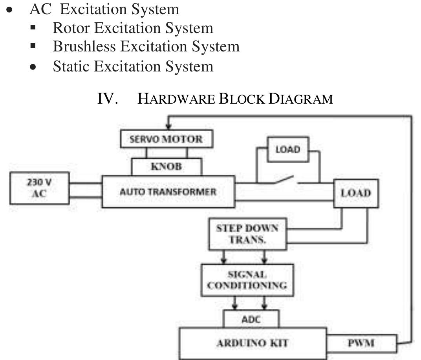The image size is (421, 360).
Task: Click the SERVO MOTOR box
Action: (167, 139)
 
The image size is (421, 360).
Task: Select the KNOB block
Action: (167, 166)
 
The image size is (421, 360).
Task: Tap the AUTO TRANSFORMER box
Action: (168, 192)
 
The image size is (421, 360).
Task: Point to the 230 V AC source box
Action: (39, 188)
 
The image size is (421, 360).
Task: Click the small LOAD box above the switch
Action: (288, 150)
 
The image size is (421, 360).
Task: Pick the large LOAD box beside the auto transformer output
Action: (356, 193)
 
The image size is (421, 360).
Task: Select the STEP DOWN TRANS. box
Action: (247, 234)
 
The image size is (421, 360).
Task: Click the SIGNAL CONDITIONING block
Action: (247, 280)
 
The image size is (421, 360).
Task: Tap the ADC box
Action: (251, 319)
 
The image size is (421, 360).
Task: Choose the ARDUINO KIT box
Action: (253, 343)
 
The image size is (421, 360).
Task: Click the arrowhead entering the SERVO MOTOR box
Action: (169, 127)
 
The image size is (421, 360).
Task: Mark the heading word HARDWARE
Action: (176, 99)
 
